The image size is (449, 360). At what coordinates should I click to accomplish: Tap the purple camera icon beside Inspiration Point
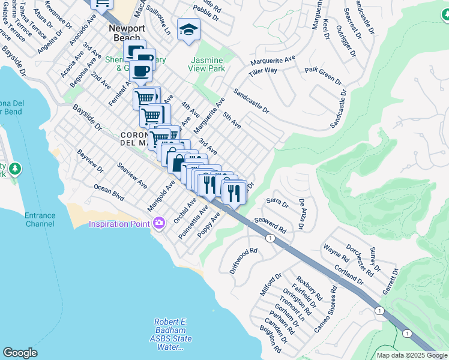pyautogui.click(x=158, y=224)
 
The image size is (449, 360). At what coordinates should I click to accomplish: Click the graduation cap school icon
pyautogui.click(x=188, y=30)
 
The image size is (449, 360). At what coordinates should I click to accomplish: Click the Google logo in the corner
pyautogui.click(x=20, y=353)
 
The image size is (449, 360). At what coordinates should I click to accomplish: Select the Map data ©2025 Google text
pyautogui.click(x=411, y=355)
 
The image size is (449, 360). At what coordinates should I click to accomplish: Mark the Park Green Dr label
pyautogui.click(x=322, y=76)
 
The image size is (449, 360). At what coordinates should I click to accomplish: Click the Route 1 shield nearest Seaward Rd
pyautogui.click(x=271, y=238)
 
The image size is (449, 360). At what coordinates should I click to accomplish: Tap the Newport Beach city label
pyautogui.click(x=125, y=32)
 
